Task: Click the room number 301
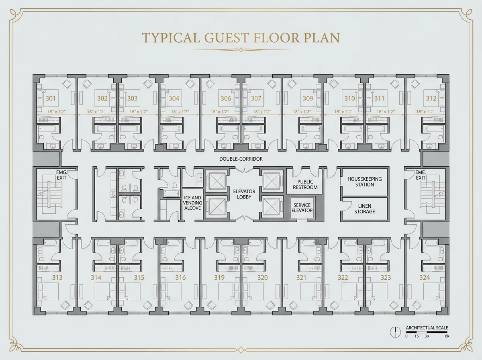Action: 51,98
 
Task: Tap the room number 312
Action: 431,98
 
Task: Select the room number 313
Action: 57,277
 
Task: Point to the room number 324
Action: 425,277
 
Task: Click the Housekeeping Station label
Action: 365,182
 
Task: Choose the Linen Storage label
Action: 365,209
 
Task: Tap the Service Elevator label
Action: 302,208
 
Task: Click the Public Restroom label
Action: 305,184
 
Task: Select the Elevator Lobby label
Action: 244,194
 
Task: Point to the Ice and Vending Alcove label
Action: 192,203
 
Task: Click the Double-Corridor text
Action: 241,159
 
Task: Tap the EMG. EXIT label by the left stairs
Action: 62,175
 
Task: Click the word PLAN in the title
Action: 322,37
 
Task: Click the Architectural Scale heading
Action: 427,328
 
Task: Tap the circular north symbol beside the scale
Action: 395,332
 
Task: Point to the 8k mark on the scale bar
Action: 447,336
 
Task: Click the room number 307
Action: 256,98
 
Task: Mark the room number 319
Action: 219,277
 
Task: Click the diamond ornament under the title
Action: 241,50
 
